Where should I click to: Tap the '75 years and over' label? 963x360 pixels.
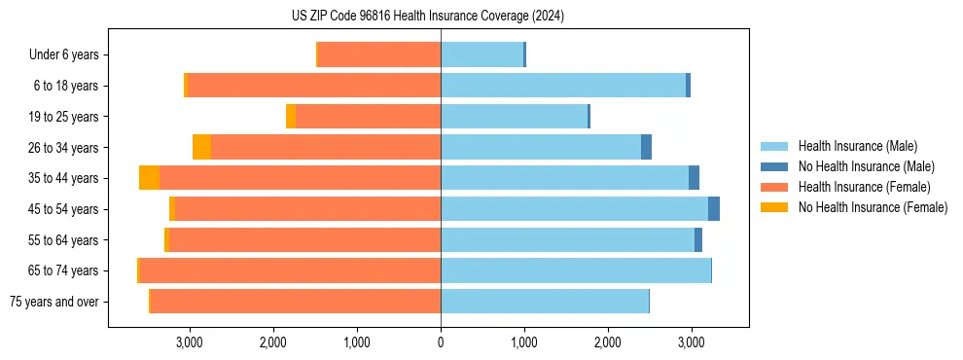[53, 302]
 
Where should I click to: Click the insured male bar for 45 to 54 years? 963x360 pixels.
[574, 209]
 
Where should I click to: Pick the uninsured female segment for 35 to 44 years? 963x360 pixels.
[149, 178]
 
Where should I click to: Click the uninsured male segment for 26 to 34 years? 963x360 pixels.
[646, 147]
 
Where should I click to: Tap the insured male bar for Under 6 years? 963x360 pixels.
[481, 55]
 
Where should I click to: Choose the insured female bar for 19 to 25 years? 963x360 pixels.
[368, 117]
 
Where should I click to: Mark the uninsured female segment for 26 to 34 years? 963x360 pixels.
[201, 147]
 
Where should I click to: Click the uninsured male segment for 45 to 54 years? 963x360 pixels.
[714, 209]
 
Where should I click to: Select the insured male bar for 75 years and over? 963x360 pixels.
[545, 302]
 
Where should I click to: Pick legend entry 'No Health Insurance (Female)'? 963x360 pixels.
[873, 207]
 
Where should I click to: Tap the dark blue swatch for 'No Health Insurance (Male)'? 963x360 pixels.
[774, 166]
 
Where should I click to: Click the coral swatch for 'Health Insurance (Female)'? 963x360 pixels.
[774, 187]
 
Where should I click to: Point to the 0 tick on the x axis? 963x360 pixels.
[441, 342]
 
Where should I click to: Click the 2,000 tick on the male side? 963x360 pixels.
[607, 342]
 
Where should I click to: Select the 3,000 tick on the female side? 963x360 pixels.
[189, 342]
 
